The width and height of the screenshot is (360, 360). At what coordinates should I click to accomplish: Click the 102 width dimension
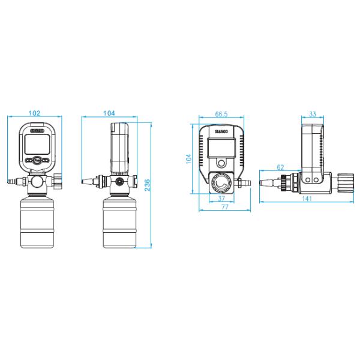[34, 112]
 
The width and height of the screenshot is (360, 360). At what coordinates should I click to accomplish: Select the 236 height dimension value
[148, 186]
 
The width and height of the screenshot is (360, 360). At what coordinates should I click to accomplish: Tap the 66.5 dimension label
[221, 113]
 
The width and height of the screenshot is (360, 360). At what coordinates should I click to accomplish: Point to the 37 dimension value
[221, 198]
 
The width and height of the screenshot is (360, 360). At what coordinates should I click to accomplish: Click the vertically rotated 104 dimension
[188, 159]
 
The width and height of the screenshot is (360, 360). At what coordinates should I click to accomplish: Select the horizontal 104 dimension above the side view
[109, 112]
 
